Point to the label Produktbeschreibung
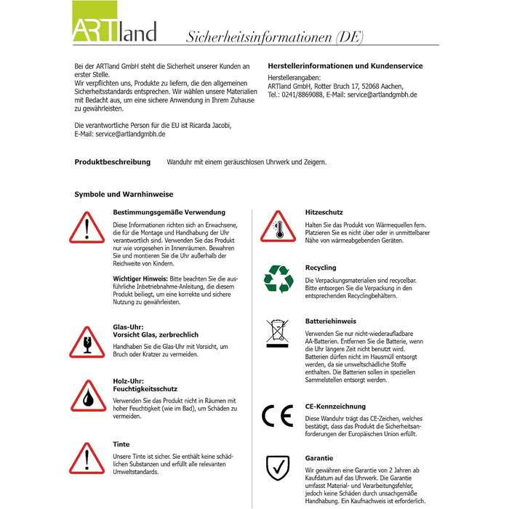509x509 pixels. pos(113,162)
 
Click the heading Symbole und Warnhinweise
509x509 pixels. pos(124,194)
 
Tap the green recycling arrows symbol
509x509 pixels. pos(278,278)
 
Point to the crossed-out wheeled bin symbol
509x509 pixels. pos(278,332)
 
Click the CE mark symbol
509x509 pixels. pos(277,415)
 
